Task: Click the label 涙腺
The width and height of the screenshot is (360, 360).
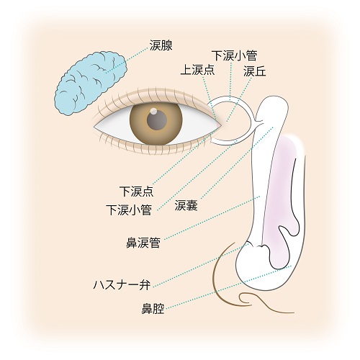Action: pyautogui.click(x=161, y=45)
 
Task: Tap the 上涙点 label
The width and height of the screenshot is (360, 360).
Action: pyautogui.click(x=197, y=70)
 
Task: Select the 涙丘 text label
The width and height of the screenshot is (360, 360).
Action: pyautogui.click(x=255, y=71)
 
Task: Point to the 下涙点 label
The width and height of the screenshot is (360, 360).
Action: pyautogui.click(x=136, y=192)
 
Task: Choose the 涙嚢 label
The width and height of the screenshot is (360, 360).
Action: pyautogui.click(x=186, y=205)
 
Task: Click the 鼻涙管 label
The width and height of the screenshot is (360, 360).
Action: pyautogui.click(x=143, y=243)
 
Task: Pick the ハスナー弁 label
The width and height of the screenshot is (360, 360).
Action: pyautogui.click(x=122, y=285)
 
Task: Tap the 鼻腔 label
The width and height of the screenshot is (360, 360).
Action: pyautogui.click(x=153, y=309)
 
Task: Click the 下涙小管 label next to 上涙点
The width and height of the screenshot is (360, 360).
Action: pyautogui.click(x=234, y=55)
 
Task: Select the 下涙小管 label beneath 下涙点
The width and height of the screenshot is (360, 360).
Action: pyautogui.click(x=129, y=210)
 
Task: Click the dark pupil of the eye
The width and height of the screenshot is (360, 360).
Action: pyautogui.click(x=157, y=120)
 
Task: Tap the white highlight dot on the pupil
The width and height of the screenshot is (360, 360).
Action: pyautogui.click(x=153, y=111)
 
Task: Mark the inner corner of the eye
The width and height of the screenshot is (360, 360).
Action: pyautogui.click(x=221, y=125)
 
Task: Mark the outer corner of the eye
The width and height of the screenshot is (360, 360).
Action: pyautogui.click(x=94, y=127)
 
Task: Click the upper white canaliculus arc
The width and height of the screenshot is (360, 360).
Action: pyautogui.click(x=230, y=98)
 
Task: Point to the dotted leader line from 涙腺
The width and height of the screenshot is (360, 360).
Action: pyautogui.click(x=127, y=59)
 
